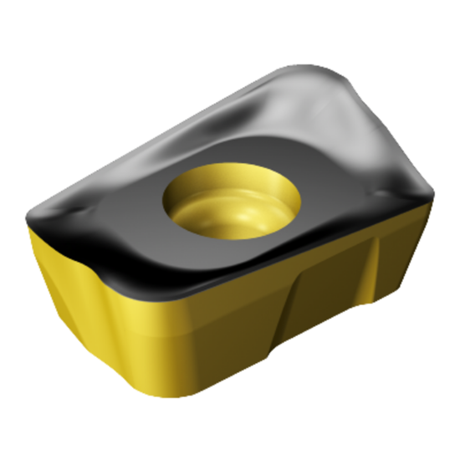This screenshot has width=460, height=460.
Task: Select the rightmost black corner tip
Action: point(433,197)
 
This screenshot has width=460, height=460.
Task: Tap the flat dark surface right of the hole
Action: point(335,192)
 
